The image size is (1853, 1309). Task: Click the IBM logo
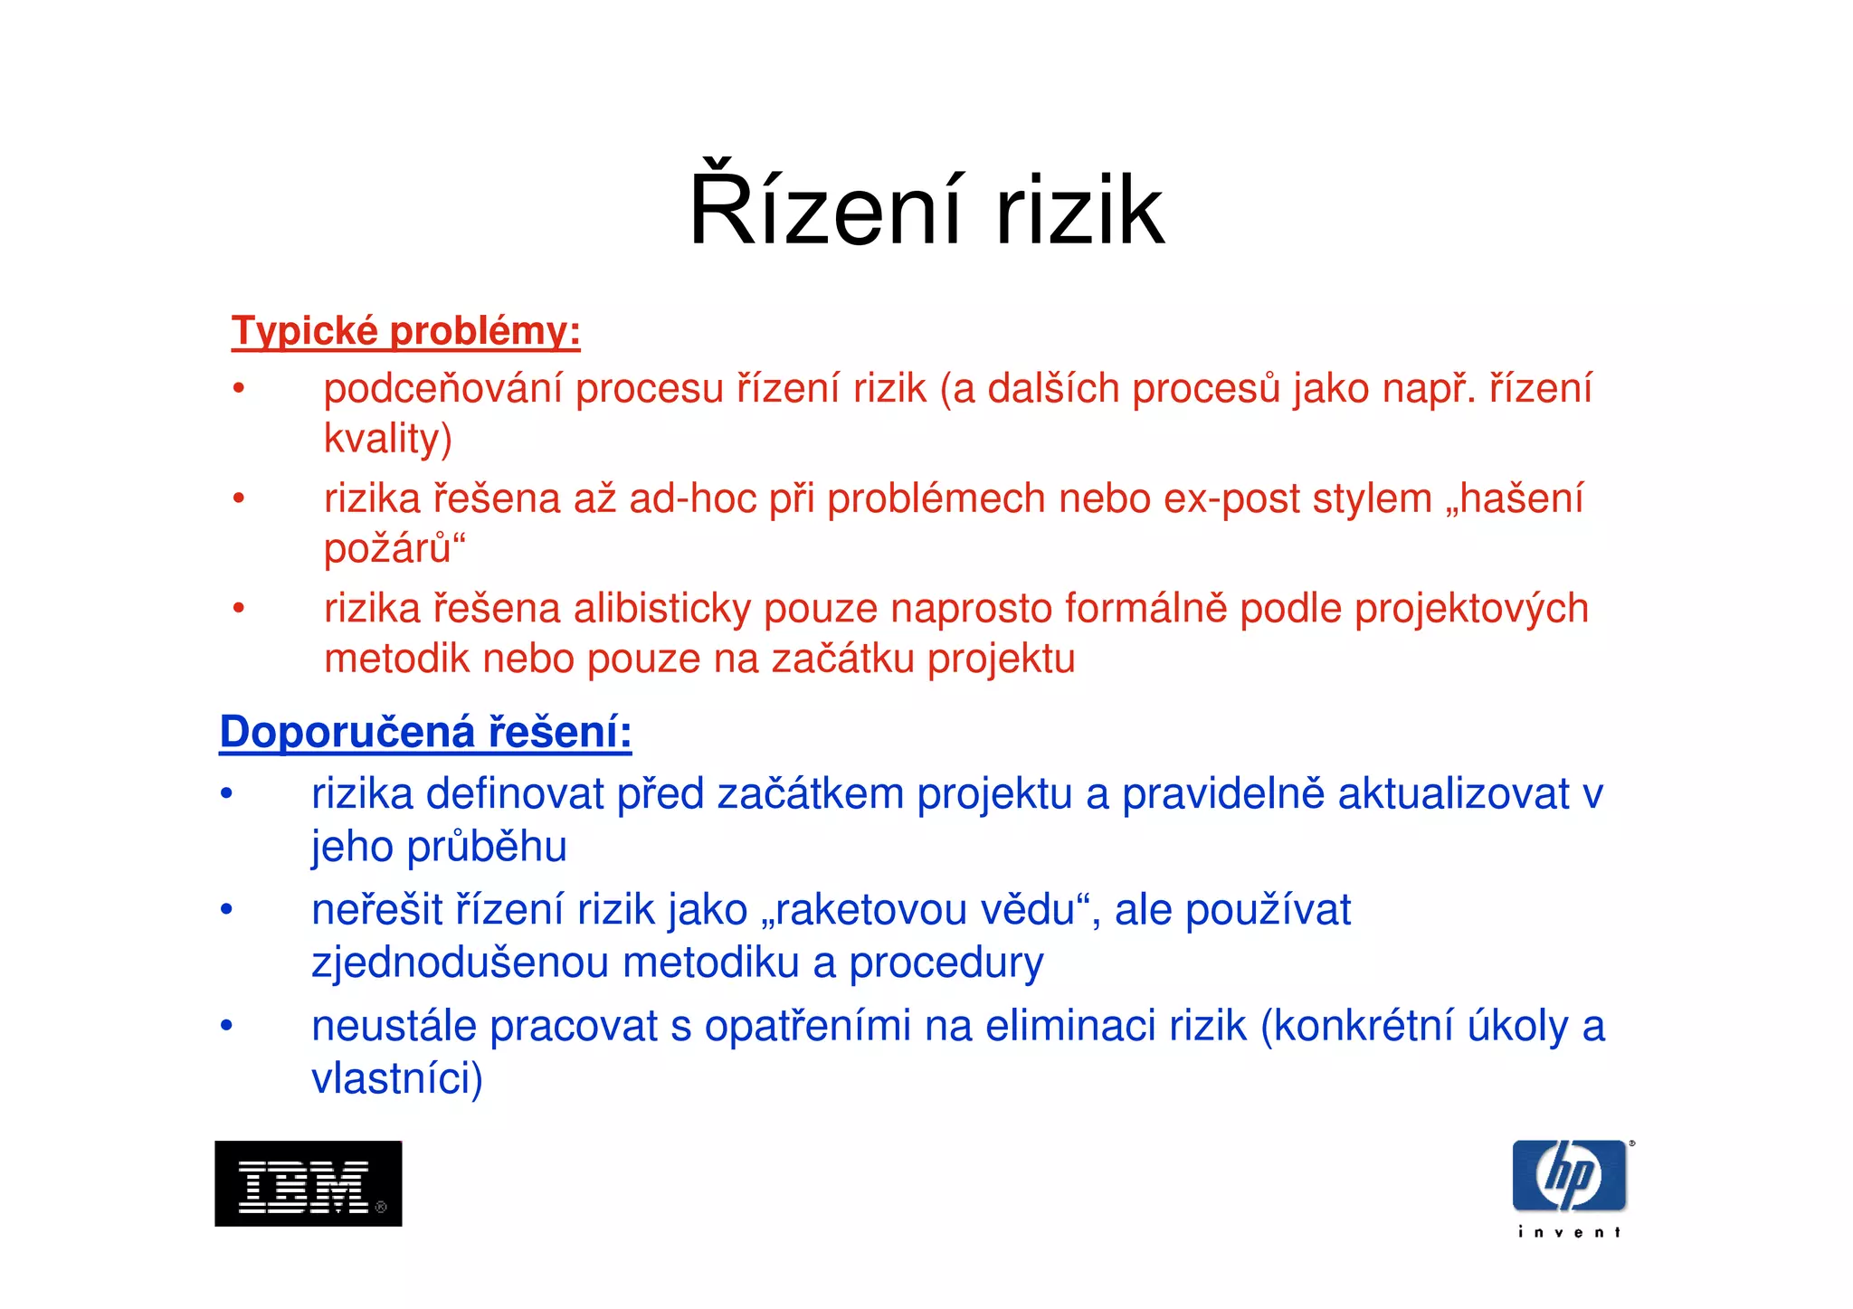point(308,1183)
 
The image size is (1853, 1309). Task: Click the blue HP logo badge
point(1569,1175)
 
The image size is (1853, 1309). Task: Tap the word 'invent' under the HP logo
point(1569,1232)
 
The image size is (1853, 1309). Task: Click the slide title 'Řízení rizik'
point(926,211)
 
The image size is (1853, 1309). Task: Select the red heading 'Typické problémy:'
point(405,331)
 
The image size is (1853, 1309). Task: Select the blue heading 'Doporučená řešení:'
point(425,732)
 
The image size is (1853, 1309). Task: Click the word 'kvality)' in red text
point(387,440)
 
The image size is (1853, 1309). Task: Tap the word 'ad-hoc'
point(692,499)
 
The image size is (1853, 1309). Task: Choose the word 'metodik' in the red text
point(396,659)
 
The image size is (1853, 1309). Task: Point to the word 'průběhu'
point(486,848)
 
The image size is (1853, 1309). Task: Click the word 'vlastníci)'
point(397,1078)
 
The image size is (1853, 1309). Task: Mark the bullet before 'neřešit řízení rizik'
point(226,909)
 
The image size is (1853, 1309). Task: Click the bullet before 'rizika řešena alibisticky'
point(238,608)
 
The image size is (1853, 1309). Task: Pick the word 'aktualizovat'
point(1453,794)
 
